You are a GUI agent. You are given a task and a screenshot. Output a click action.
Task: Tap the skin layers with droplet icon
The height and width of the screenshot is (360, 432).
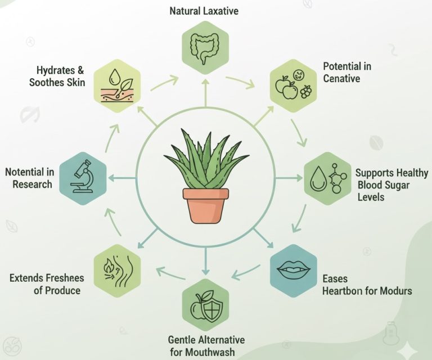click(x=116, y=85)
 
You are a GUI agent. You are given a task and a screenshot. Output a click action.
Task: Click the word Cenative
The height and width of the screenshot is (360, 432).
click(x=341, y=78)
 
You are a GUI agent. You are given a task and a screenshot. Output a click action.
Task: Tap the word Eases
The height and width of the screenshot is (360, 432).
click(x=335, y=279)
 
